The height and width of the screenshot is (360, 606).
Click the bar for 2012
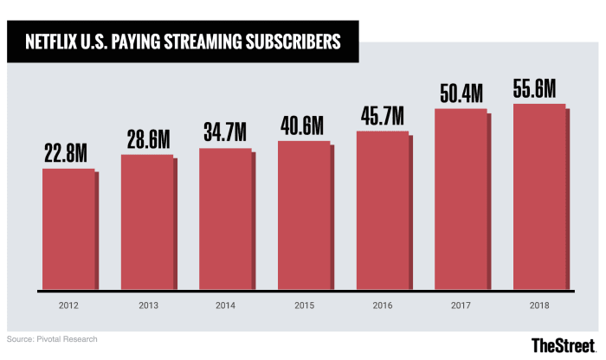(68, 228)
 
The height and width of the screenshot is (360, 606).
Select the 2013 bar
(146, 222)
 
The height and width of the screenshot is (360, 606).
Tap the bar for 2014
(225, 218)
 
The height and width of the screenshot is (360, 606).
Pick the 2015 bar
(304, 215)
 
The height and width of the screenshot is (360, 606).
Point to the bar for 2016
(382, 210)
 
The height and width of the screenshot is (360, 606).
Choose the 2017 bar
(461, 199)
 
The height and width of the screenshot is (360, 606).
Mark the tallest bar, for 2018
(539, 196)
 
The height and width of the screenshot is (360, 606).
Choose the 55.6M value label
(539, 87)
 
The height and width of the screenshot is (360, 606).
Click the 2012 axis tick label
(68, 305)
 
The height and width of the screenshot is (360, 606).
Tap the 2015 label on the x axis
(304, 305)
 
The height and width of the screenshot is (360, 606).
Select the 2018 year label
(539, 305)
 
